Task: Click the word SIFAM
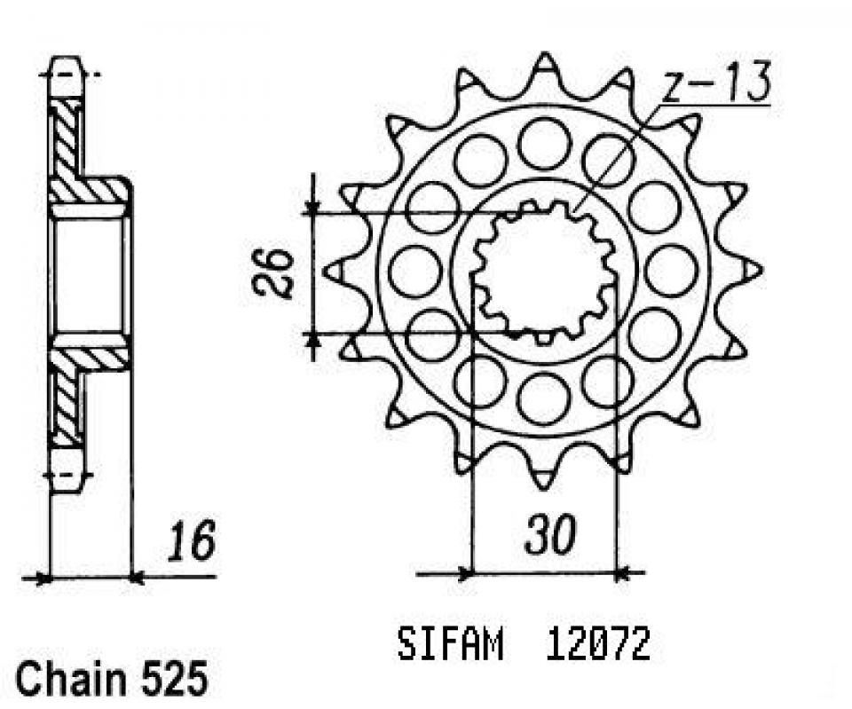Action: point(450,645)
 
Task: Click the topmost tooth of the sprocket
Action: point(543,64)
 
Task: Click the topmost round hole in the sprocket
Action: point(543,143)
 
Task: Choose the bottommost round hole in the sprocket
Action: point(543,398)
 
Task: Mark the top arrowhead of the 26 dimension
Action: point(312,206)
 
